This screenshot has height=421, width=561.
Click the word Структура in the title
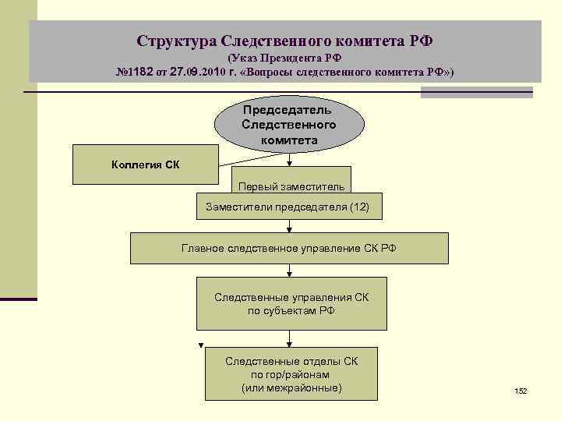(176, 40)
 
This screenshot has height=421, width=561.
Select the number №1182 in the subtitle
(136, 73)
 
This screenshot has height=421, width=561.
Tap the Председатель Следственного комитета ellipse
(289, 125)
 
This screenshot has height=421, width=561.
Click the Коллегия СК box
(137, 165)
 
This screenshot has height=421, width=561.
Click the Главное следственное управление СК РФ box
(289, 248)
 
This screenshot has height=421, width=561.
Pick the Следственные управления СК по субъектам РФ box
(291, 304)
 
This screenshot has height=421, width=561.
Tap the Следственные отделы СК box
(291, 373)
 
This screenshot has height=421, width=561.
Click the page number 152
(520, 390)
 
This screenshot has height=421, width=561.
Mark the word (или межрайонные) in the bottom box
(291, 387)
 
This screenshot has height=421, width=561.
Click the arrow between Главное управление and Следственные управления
(290, 272)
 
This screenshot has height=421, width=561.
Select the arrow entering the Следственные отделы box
(290, 340)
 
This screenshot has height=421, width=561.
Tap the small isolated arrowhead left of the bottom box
(200, 345)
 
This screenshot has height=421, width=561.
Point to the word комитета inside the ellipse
(289, 141)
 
